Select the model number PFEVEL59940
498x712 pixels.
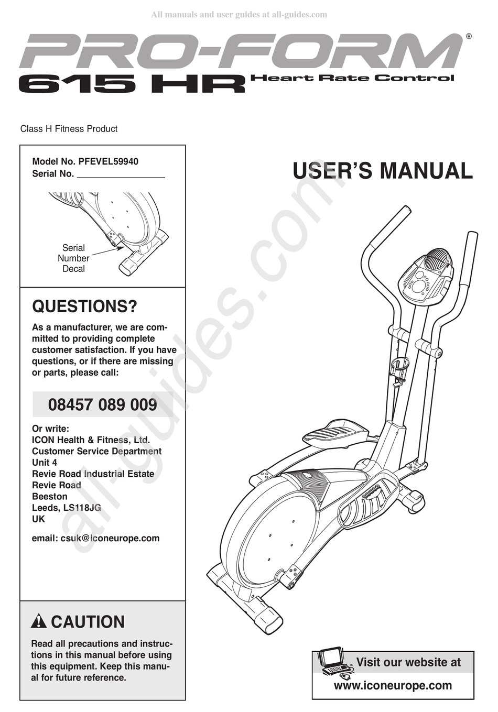108,161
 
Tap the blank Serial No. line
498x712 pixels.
121,175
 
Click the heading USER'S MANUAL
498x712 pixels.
382,171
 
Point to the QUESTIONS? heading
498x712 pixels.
84,306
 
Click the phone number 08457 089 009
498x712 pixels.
103,404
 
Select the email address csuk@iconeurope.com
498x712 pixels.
110,538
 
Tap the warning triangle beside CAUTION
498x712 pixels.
39,622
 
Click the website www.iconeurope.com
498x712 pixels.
393,685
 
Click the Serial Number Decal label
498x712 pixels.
73,258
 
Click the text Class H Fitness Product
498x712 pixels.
69,129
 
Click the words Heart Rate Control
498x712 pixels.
352,79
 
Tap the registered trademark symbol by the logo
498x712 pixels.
469,37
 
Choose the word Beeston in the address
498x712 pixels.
50,496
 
